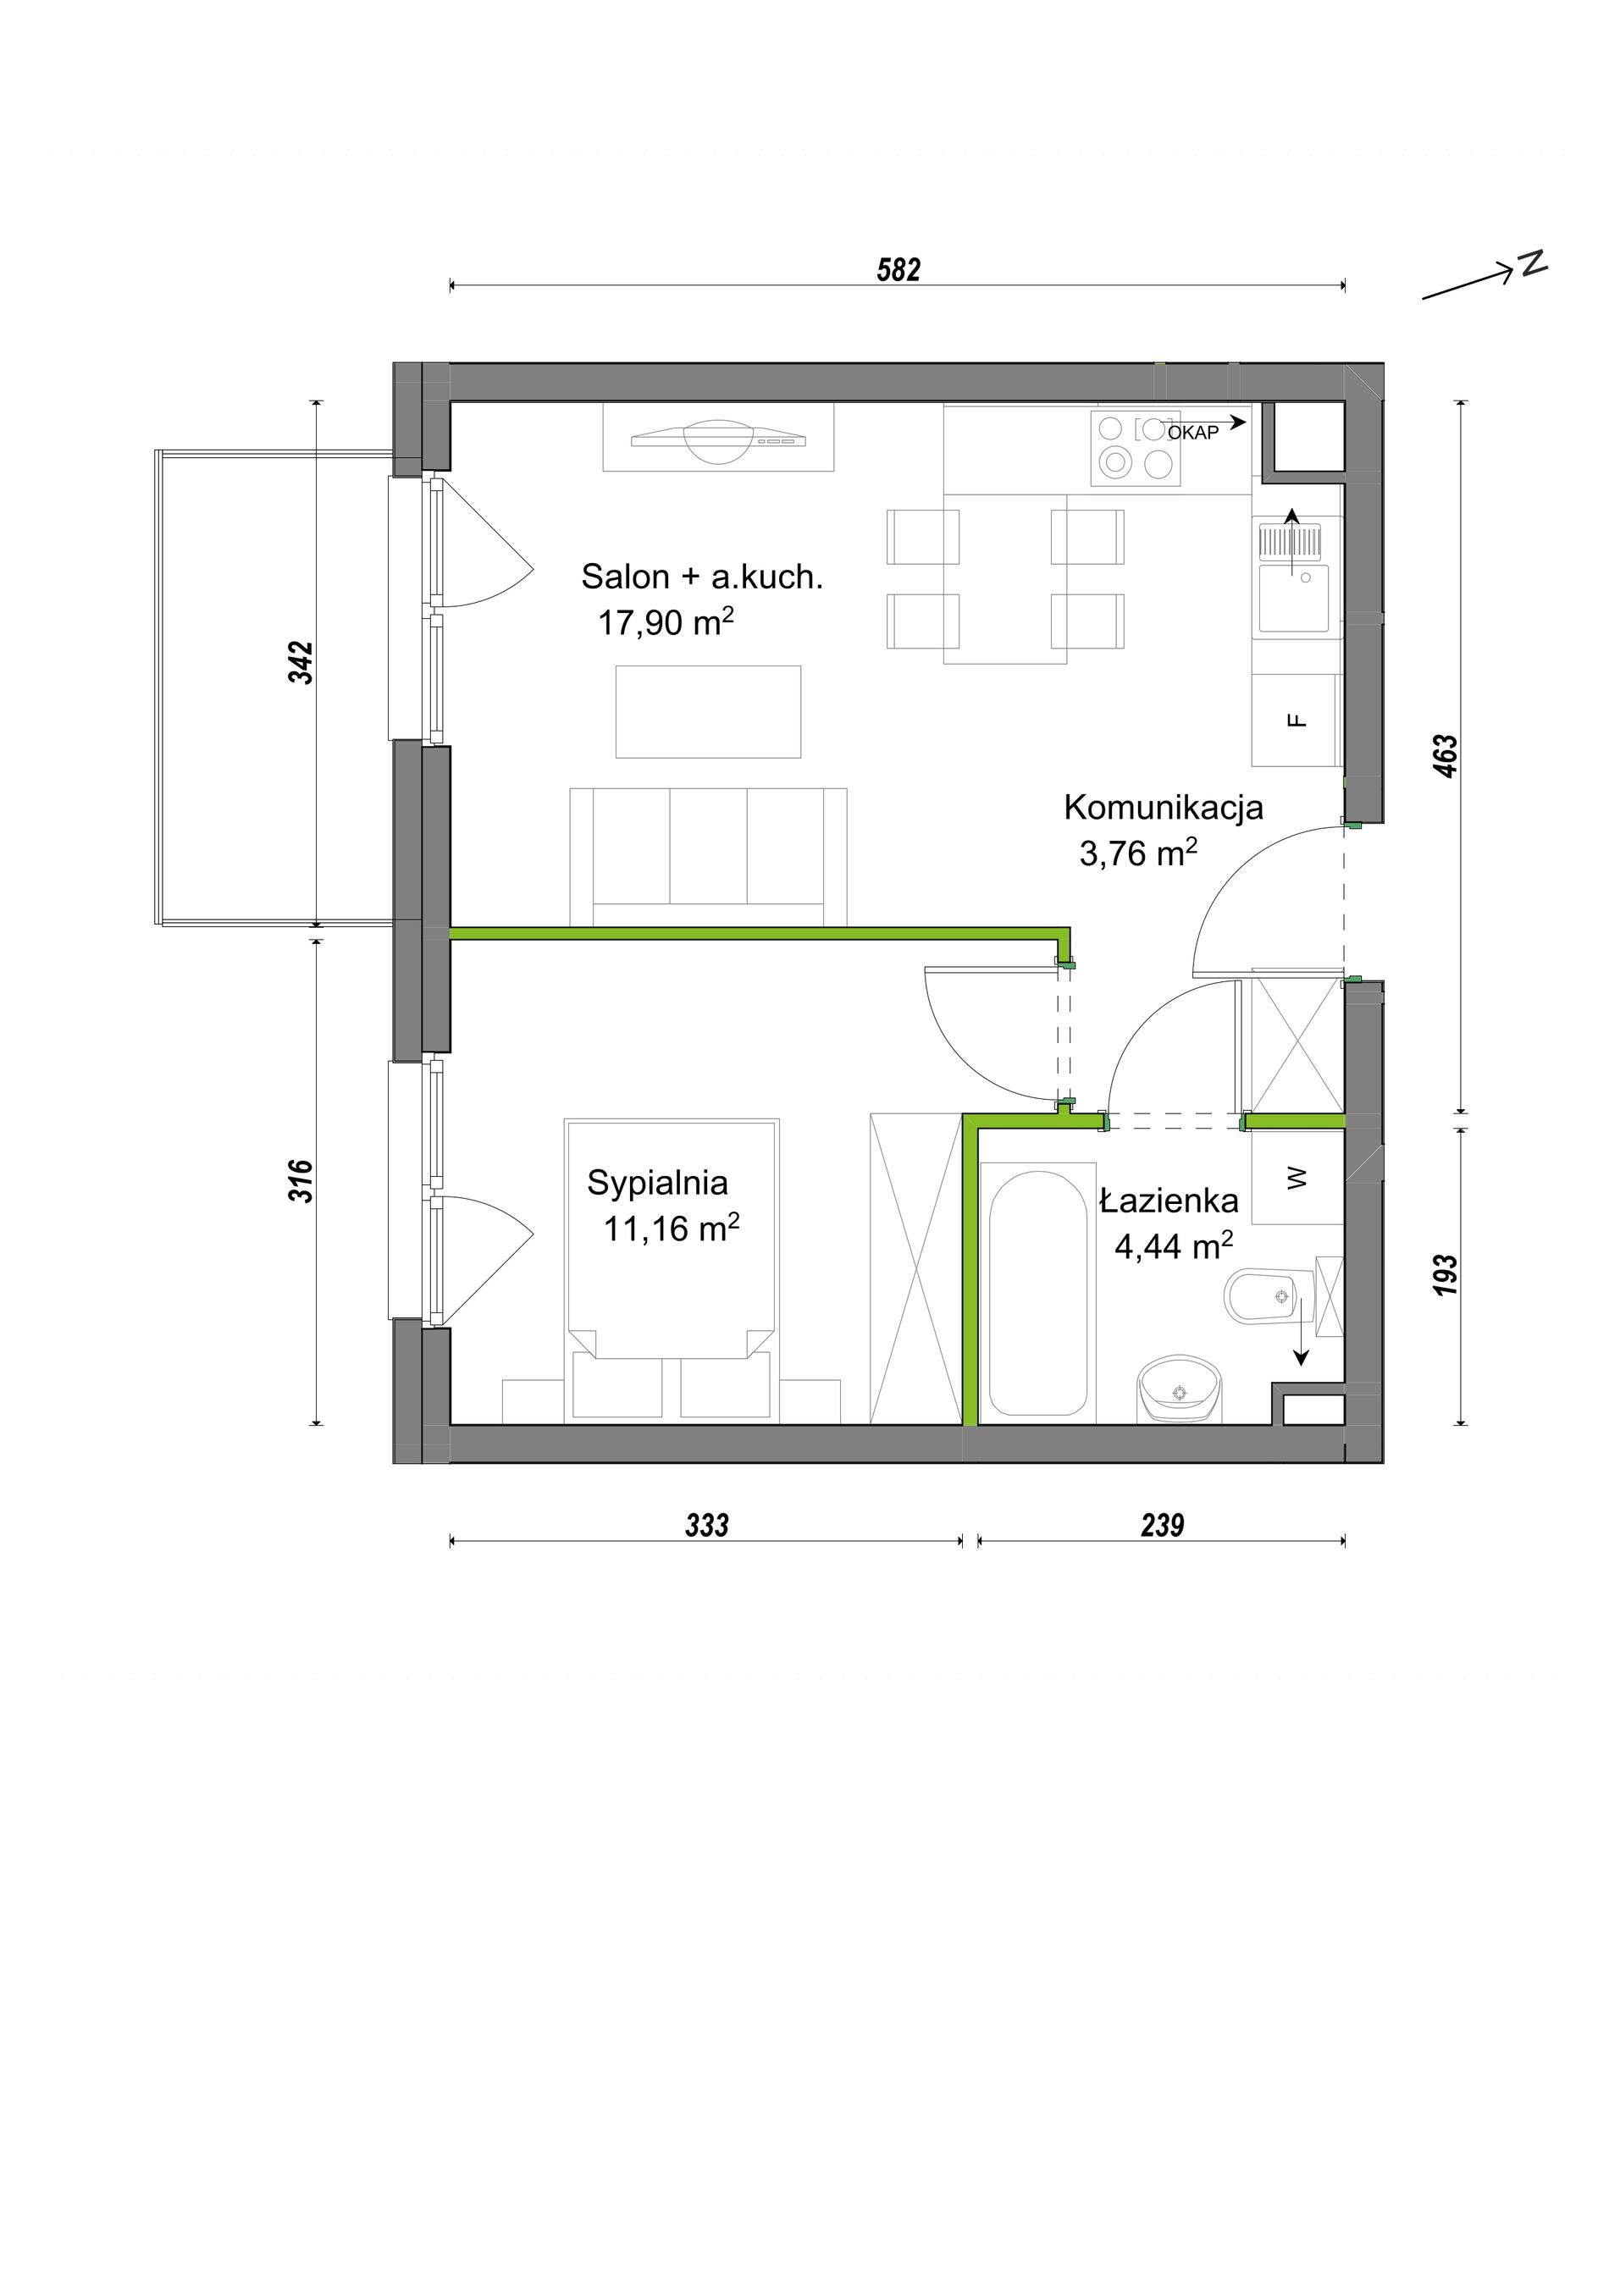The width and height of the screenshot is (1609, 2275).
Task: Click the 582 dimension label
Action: (x=898, y=269)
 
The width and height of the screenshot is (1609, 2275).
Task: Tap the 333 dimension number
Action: (x=706, y=1525)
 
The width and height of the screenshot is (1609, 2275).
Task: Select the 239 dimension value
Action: (x=1162, y=1525)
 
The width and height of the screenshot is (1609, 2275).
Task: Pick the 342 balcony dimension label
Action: (x=301, y=663)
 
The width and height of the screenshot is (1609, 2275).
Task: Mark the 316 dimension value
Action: (x=301, y=1181)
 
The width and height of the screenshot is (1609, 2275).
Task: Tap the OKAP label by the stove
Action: (x=1193, y=433)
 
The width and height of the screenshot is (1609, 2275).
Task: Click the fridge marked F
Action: (x=1297, y=721)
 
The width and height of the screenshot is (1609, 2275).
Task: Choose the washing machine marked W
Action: (x=1297, y=1177)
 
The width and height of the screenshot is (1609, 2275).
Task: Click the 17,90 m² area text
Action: (x=666, y=621)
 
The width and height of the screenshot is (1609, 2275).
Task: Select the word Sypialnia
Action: (x=657, y=1183)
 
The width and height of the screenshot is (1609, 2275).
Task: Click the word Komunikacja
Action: (x=1164, y=807)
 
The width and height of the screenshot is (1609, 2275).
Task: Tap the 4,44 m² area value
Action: (x=1174, y=1245)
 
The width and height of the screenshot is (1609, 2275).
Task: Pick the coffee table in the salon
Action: (x=709, y=711)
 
